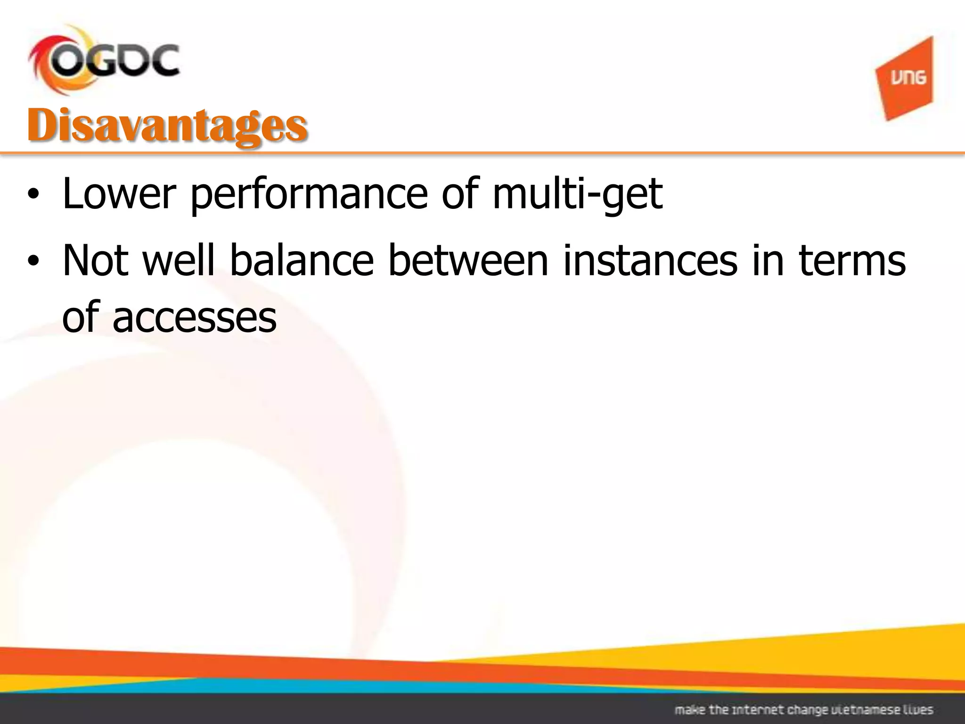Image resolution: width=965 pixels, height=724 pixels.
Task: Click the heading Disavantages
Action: pos(167,126)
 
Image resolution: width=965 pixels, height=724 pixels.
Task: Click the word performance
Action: pos(308,194)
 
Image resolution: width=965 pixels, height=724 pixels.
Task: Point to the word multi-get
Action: pos(577,194)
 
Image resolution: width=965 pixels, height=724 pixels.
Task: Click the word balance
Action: pos(302,261)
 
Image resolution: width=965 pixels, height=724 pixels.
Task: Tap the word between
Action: pos(468,261)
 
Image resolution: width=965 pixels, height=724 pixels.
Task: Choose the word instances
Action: pos(650,261)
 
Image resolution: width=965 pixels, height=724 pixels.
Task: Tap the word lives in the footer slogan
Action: pos(919,709)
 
